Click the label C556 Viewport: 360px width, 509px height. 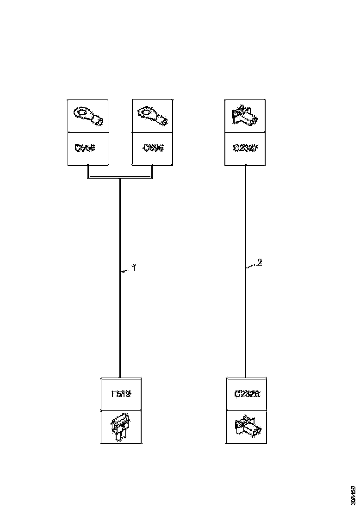pyautogui.click(x=85, y=148)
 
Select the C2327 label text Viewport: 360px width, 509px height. pyautogui.click(x=245, y=148)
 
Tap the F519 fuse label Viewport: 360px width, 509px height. pyautogui.click(x=121, y=394)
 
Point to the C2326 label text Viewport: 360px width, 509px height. pyautogui.click(x=247, y=394)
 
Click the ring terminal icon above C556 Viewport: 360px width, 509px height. pyautogui.click(x=88, y=116)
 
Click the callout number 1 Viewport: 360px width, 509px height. pyautogui.click(x=134, y=268)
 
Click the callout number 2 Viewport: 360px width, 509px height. pyautogui.click(x=260, y=262)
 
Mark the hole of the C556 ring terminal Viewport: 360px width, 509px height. pyautogui.click(x=82, y=112)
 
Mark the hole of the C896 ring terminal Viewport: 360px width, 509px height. pyautogui.click(x=147, y=112)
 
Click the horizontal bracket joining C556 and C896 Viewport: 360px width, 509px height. pyautogui.click(x=120, y=178)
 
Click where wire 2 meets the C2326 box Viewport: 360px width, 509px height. pyautogui.click(x=245, y=378)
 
